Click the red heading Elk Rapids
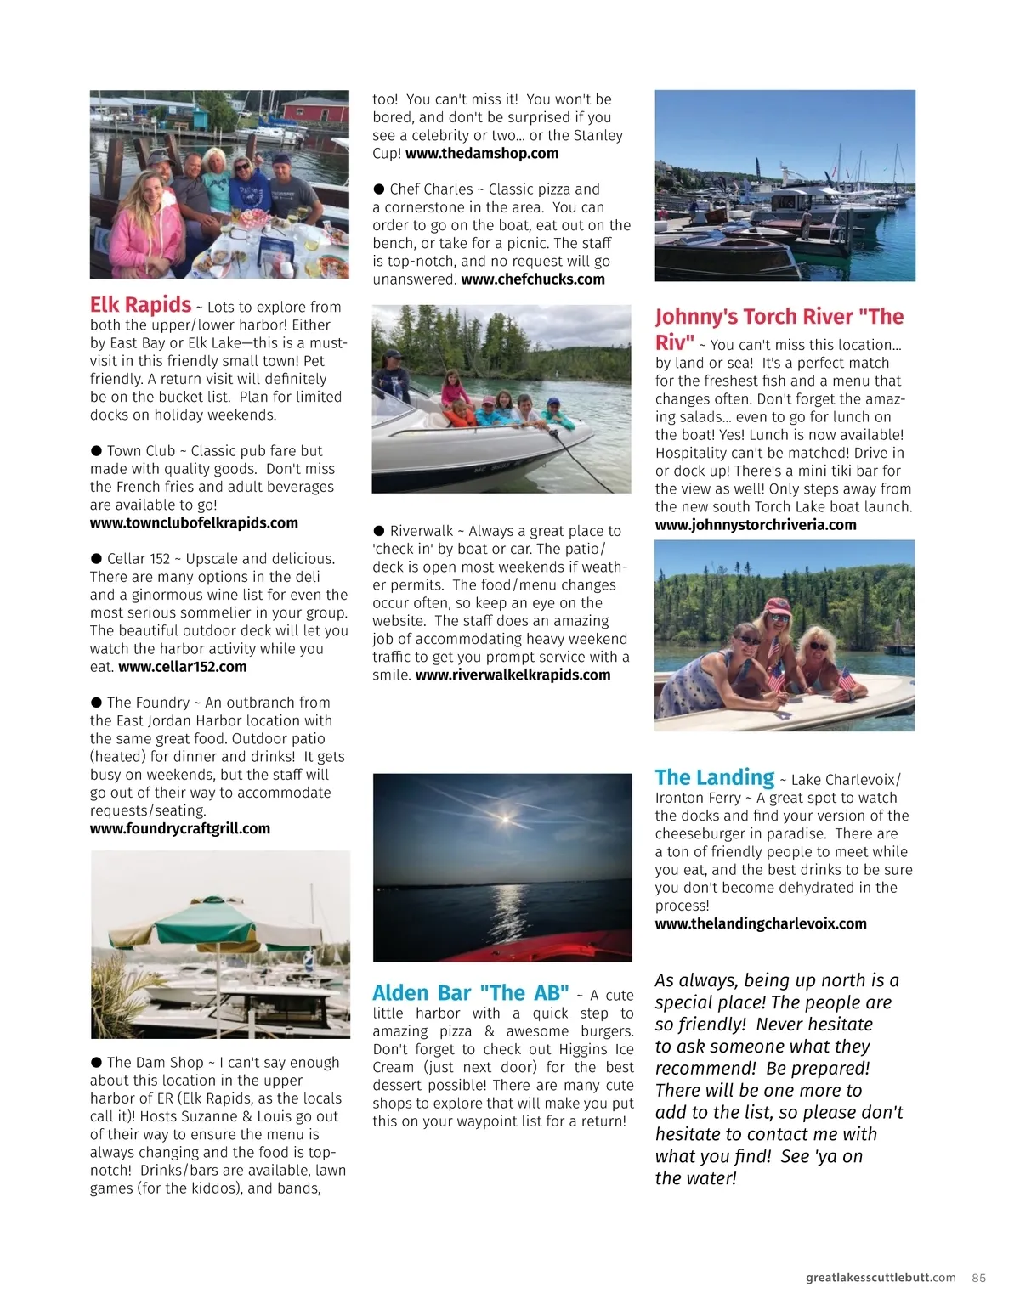click(x=140, y=305)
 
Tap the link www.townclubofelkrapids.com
click(x=194, y=523)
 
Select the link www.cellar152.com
click(x=183, y=667)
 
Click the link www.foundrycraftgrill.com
click(x=180, y=828)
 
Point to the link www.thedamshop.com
click(x=482, y=154)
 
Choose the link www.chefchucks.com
click(x=533, y=279)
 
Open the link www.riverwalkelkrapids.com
click(x=513, y=675)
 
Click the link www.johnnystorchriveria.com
click(x=756, y=525)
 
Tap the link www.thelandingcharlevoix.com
click(x=761, y=923)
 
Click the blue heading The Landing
click(x=714, y=777)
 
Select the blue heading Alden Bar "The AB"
click(x=471, y=993)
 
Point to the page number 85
click(x=978, y=1278)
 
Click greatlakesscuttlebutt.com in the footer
click(x=881, y=1278)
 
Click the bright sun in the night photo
click(x=504, y=819)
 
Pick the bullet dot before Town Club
click(x=96, y=451)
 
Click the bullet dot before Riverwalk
click(x=379, y=531)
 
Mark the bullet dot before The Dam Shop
click(x=96, y=1063)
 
